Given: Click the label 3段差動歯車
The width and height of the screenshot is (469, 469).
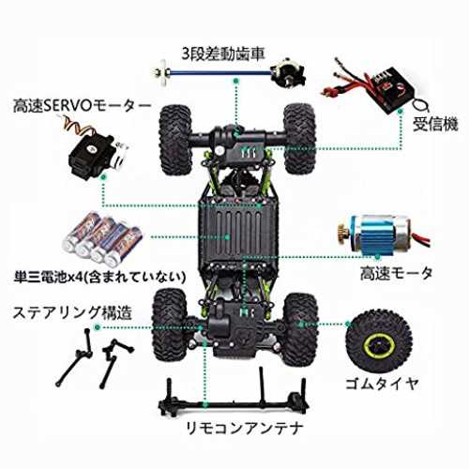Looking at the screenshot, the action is point(223,53).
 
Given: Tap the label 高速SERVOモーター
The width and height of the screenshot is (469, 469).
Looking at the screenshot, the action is point(82,106).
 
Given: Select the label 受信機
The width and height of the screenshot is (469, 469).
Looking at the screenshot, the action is point(435,124).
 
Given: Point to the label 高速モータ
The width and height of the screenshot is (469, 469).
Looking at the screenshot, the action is point(396,274).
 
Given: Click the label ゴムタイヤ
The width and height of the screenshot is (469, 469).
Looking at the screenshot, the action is point(382,384).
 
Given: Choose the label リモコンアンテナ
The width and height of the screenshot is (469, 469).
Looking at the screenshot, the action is point(245,428).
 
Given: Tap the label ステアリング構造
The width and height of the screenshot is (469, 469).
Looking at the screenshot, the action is point(72,313).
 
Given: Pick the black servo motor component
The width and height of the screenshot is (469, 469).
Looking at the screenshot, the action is point(96,156).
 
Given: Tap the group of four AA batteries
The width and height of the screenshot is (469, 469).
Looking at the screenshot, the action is point(103,238).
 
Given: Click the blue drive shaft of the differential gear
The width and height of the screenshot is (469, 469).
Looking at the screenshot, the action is point(219,73).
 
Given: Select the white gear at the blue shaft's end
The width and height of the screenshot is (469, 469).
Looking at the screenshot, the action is point(161,73).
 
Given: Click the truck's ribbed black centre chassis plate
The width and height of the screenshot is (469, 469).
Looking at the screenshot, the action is point(238,233).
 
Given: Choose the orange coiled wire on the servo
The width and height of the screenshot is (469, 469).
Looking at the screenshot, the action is point(77,125).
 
